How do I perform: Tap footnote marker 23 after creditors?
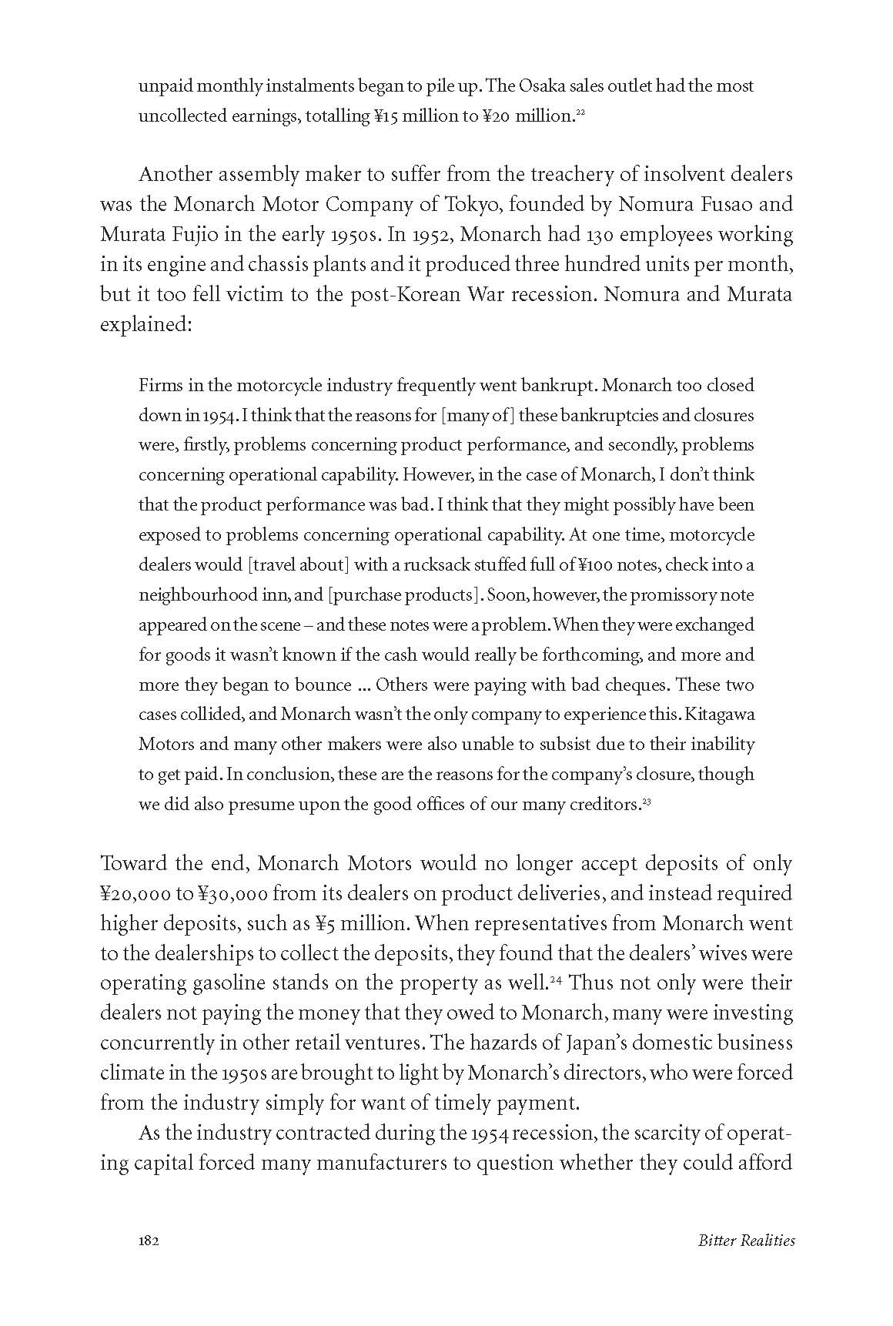tap(647, 803)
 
